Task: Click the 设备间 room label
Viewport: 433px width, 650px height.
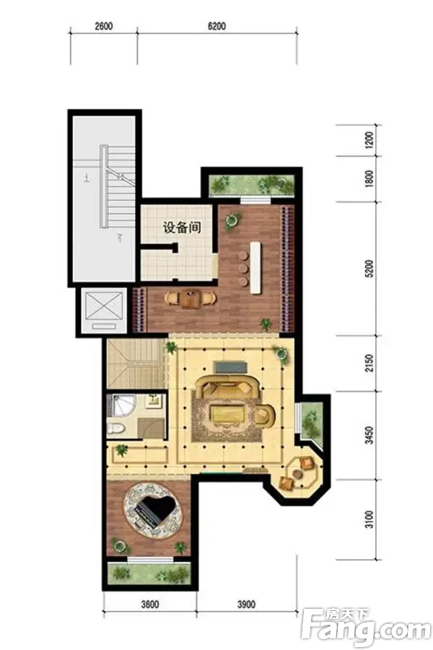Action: coord(182,227)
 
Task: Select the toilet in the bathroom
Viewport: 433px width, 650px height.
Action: coord(116,428)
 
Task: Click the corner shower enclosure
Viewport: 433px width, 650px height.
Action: coord(119,405)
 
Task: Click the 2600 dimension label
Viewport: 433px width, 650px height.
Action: coord(104,26)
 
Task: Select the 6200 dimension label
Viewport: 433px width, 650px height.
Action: coord(216,26)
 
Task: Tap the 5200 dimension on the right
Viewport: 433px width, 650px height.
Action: coord(369,268)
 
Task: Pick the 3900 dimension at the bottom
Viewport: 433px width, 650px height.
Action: coord(246,604)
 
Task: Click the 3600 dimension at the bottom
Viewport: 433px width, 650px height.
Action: coord(150,604)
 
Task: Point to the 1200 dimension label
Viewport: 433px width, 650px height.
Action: coord(369,140)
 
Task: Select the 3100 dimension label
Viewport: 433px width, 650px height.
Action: coord(369,519)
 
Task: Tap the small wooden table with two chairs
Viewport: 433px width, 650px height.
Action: coord(191,298)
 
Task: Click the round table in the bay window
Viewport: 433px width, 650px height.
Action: coord(297,473)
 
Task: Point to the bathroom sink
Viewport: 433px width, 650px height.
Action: coord(155,400)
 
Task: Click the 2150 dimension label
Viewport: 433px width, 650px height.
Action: coord(369,363)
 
